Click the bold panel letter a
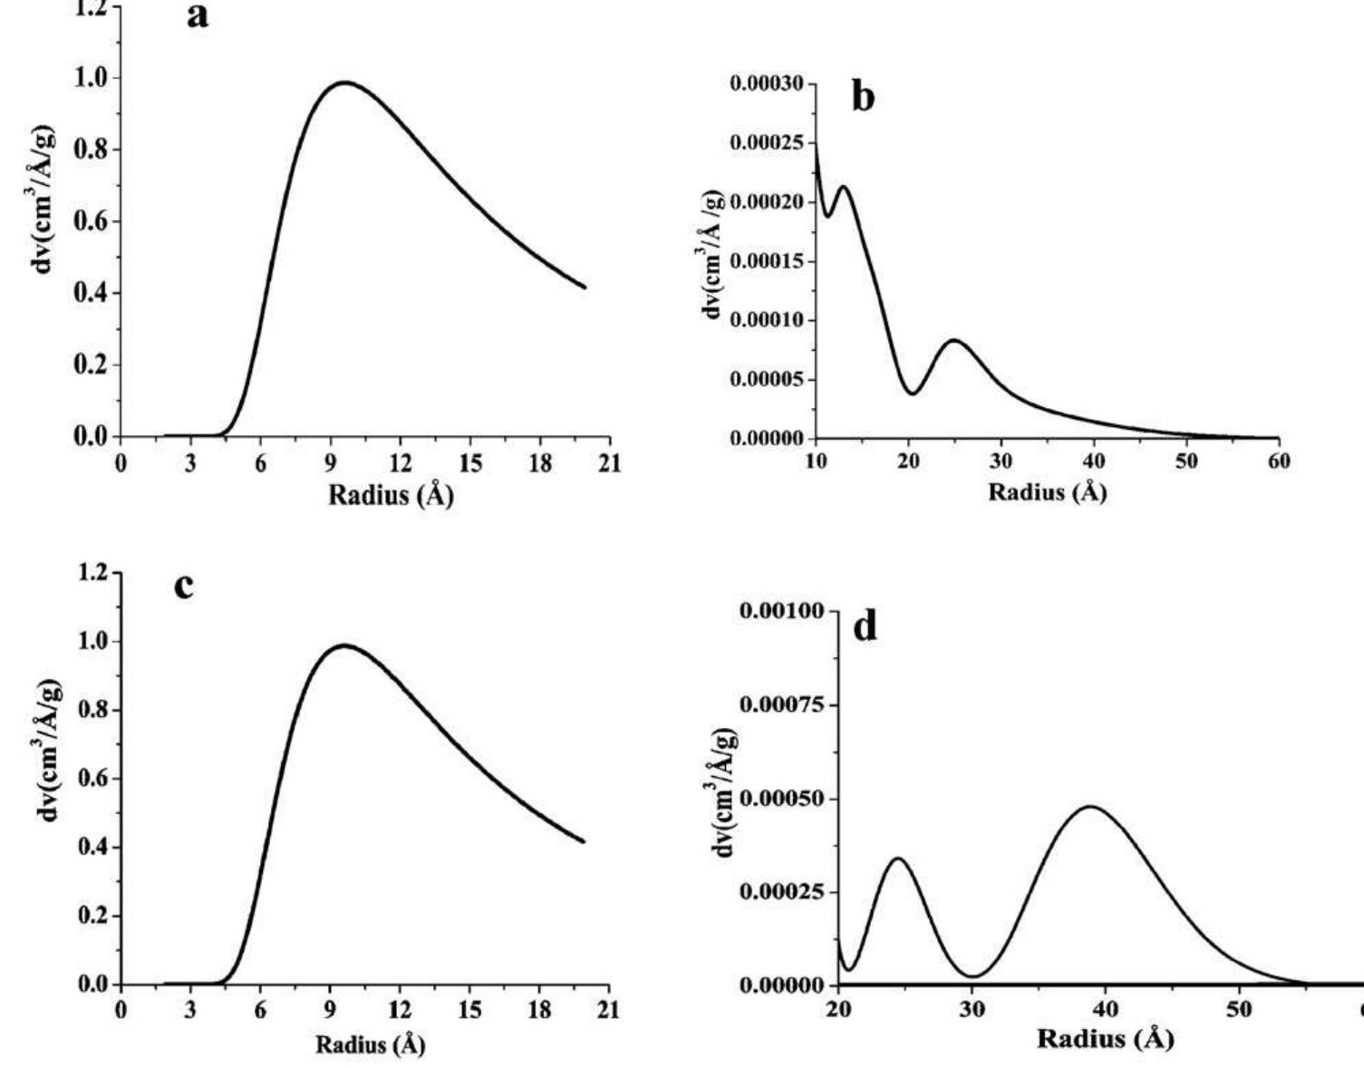coord(198,15)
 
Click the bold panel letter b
coord(864,97)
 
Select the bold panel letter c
coord(184,586)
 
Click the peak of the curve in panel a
coord(344,83)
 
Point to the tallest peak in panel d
coord(1089,806)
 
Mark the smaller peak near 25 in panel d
coord(898,858)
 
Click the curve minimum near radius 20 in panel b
coord(913,393)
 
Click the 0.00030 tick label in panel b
coord(766,84)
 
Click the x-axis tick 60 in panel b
coord(1279,461)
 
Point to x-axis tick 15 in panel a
coord(469,463)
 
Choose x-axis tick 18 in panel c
coord(539,1010)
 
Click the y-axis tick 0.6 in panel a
coord(91,221)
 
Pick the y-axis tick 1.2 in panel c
coord(91,573)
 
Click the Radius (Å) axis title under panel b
coord(1047,492)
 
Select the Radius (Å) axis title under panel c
coord(370,1044)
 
